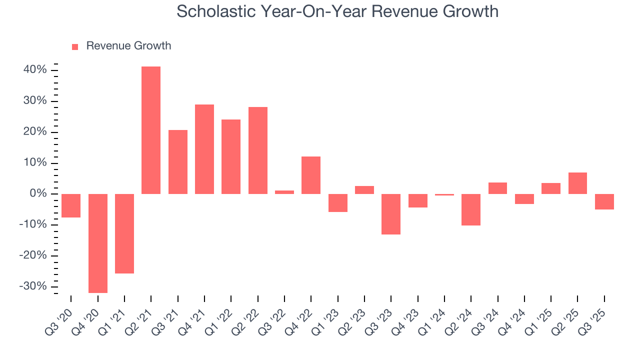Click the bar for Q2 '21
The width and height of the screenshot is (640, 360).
coord(151,130)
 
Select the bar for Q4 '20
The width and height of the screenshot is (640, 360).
coord(98,243)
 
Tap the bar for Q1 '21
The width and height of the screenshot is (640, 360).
coord(124,233)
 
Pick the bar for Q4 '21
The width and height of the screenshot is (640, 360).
coord(204,149)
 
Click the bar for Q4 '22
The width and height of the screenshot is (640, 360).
coord(311,175)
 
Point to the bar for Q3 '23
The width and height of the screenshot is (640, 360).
coord(391,214)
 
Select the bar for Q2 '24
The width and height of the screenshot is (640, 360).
coord(471,209)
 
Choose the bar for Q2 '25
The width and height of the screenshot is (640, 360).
coord(577,183)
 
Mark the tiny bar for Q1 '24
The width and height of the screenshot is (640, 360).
coord(444,194)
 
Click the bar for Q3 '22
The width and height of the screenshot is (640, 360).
coord(284,192)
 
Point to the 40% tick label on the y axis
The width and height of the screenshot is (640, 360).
coord(35,70)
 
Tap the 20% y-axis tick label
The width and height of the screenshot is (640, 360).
coord(35,132)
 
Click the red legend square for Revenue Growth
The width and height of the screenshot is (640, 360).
coord(75,46)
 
